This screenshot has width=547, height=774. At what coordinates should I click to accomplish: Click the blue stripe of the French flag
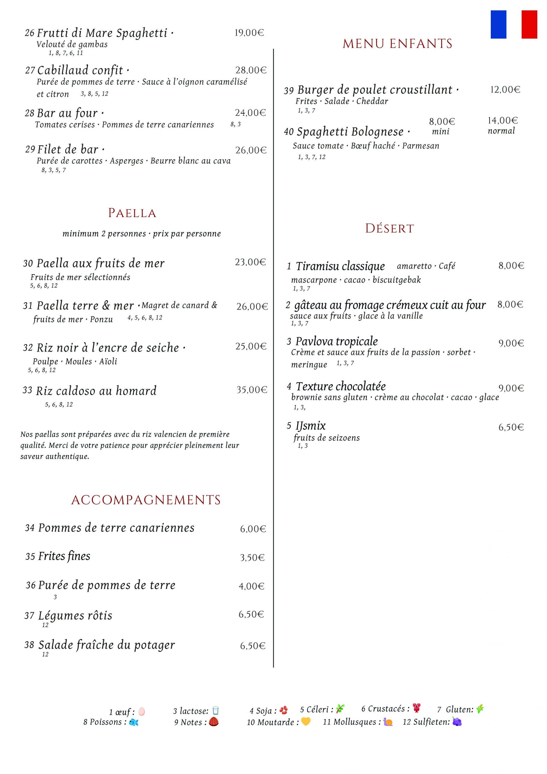click(498, 24)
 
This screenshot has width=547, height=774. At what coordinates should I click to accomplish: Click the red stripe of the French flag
click(529, 24)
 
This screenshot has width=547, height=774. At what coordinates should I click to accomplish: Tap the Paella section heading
click(132, 213)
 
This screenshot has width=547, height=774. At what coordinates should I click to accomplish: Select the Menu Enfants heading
click(397, 44)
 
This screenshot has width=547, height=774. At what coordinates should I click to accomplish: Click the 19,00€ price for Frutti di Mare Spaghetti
click(249, 33)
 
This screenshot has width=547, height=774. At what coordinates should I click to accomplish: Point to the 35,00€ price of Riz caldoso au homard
click(251, 390)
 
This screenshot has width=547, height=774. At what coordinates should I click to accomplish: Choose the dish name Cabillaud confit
click(80, 70)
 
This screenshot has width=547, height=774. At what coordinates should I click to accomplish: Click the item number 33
click(27, 390)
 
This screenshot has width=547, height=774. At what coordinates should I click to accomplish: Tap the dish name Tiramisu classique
click(340, 266)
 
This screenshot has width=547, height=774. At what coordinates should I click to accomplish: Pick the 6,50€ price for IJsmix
click(511, 428)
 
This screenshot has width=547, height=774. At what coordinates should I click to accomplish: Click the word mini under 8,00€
click(441, 132)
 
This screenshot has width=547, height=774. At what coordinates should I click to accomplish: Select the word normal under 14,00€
click(501, 131)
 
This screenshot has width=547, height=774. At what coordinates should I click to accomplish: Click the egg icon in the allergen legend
click(141, 712)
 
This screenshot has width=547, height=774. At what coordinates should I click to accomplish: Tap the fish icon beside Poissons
click(134, 722)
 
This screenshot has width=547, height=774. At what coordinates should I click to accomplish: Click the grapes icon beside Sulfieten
click(457, 722)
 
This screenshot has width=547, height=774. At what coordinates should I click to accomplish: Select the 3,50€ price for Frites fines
click(252, 558)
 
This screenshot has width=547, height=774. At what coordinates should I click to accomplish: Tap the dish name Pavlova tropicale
click(337, 341)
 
